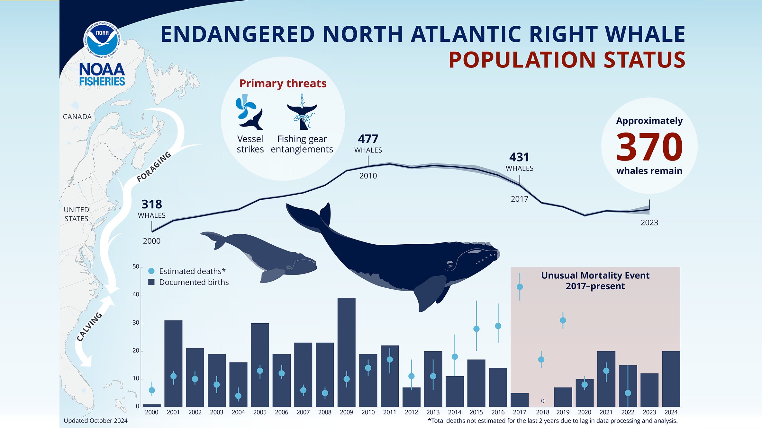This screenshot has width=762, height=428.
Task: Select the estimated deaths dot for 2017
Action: tap(520, 287)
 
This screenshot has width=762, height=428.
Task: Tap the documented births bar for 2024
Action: tap(671, 379)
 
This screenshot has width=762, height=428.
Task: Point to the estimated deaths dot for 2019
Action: tap(563, 320)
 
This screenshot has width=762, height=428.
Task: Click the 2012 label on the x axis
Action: tap(411, 412)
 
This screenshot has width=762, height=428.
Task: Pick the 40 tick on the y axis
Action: tap(136, 294)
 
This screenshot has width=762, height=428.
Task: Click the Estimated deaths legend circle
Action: tap(151, 271)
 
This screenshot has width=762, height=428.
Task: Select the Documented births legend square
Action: tap(151, 282)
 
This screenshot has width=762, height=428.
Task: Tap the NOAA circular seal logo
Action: tap(102, 40)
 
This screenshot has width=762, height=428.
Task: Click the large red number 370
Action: tap(649, 147)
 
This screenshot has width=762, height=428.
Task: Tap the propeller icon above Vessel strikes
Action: tap(245, 107)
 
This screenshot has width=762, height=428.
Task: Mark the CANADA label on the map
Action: tap(77, 117)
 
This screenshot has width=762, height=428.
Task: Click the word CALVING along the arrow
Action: tap(89, 326)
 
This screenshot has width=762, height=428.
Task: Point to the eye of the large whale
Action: tap(450, 266)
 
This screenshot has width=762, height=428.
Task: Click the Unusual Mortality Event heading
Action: tap(595, 281)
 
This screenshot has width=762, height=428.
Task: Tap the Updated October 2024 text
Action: tap(95, 421)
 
